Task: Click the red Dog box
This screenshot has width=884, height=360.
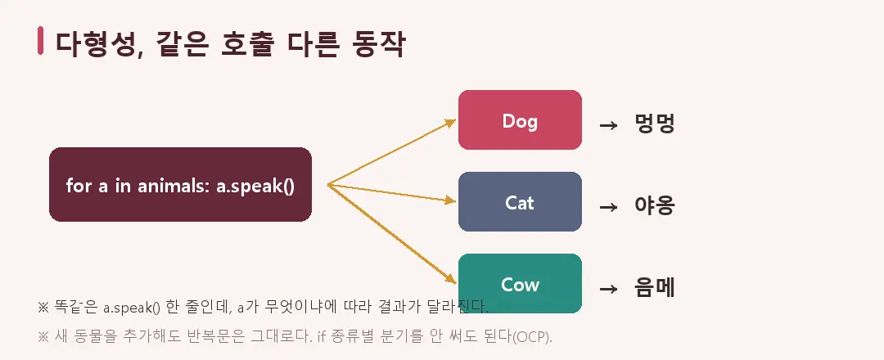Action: (x=520, y=120)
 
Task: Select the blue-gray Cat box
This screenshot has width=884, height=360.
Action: (x=520, y=202)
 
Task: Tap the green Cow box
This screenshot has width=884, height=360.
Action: (x=520, y=283)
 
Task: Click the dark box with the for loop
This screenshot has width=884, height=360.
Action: (x=180, y=184)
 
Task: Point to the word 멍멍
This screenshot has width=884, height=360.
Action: (x=655, y=124)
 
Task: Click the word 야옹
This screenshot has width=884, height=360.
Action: (x=655, y=206)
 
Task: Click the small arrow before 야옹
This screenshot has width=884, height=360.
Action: (x=608, y=207)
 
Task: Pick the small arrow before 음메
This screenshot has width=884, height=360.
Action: (x=608, y=289)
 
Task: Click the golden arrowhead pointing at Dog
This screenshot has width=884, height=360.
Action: (x=451, y=122)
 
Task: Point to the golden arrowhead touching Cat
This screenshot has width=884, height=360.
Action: (x=450, y=200)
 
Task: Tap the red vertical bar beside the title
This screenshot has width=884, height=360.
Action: (x=41, y=41)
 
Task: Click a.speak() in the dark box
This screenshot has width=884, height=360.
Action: (x=255, y=186)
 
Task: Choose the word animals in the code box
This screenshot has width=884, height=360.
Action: (x=173, y=186)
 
